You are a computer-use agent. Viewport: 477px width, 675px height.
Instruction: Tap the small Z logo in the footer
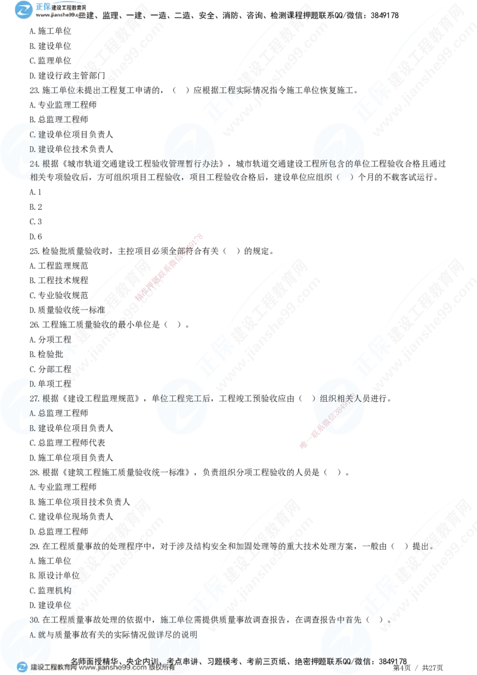pos(22,667)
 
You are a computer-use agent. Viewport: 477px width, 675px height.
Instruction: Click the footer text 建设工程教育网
pos(53,668)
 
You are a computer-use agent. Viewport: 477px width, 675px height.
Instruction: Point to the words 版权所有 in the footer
pos(162,668)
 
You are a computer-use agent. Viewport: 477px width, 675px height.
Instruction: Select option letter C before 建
pos(33,135)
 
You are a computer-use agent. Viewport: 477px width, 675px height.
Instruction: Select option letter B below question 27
pos(33,427)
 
